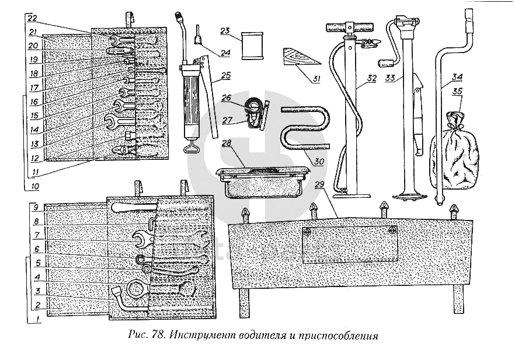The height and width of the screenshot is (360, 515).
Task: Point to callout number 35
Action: coord(458,91)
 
